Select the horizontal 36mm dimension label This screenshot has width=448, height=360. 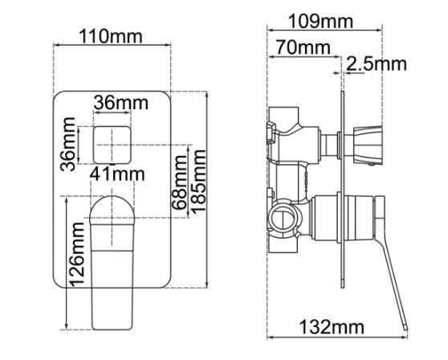point(121,104)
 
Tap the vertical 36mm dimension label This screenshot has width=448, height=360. point(69,145)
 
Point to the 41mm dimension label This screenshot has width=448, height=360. point(117,174)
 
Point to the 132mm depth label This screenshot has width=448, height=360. point(331,328)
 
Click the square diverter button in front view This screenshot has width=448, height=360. point(112,145)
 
